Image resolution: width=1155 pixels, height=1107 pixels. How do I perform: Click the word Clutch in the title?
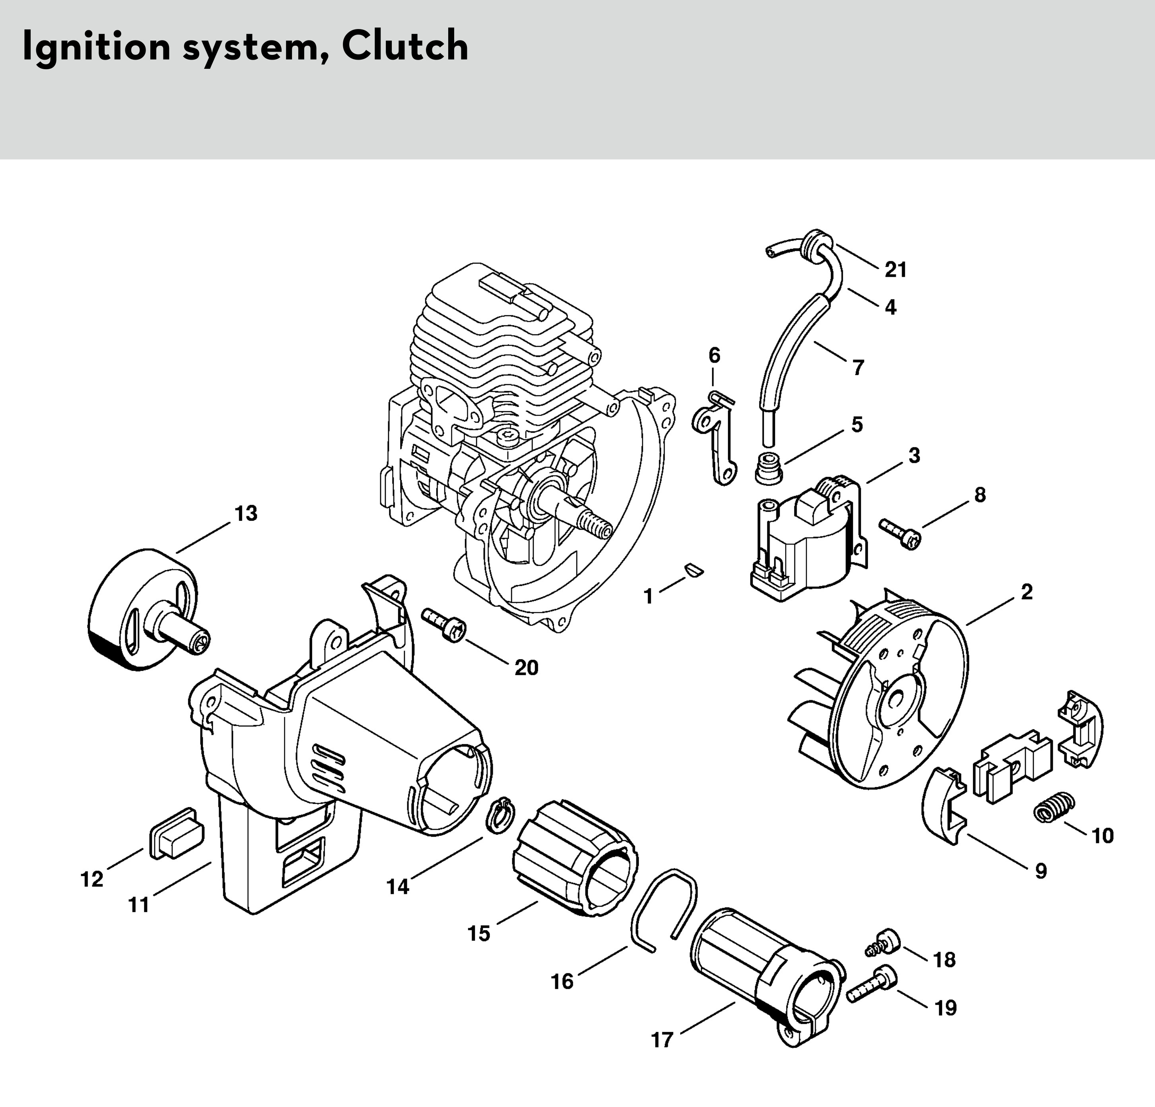tap(405, 46)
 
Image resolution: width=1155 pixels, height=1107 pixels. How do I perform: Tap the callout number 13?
tap(246, 513)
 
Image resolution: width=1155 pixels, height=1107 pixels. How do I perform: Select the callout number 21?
tap(895, 270)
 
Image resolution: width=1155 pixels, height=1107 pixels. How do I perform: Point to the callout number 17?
tap(662, 1040)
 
